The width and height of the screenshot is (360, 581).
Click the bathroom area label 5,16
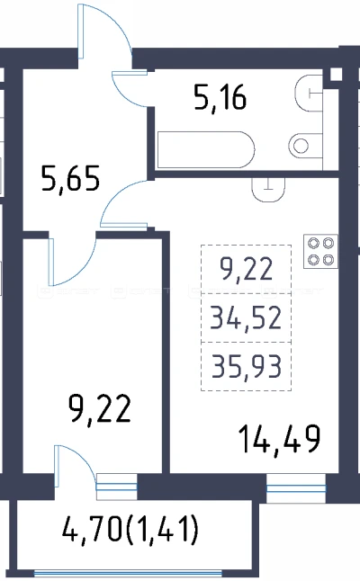click(x=220, y=98)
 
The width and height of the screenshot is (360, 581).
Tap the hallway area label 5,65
click(x=70, y=179)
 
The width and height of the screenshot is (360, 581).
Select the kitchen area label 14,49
click(x=280, y=440)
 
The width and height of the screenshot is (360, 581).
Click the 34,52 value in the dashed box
click(x=246, y=318)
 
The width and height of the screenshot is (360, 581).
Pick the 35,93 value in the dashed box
click(x=247, y=366)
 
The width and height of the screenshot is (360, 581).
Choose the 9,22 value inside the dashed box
click(x=247, y=270)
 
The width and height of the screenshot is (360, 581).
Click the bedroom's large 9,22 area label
click(x=100, y=409)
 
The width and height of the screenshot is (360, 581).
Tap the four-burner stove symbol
click(x=320, y=251)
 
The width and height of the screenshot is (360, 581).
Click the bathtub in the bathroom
click(x=206, y=149)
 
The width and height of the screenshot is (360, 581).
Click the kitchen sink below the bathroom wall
click(x=268, y=190)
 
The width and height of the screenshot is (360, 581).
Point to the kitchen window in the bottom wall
click(x=296, y=488)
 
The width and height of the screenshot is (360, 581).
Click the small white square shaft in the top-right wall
click(x=336, y=74)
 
